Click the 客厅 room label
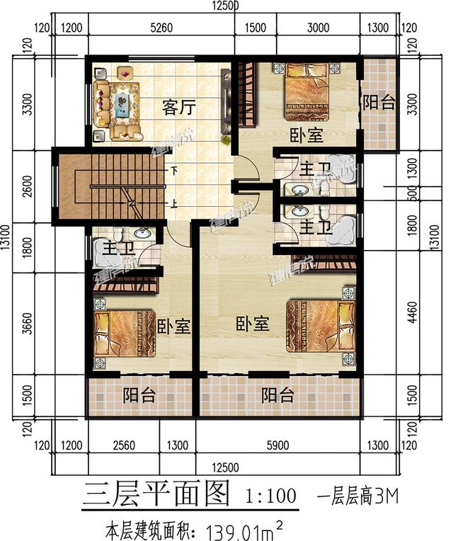point(179,108)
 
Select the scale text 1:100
point(270,494)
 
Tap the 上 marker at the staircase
point(174,204)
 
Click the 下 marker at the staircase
point(174,171)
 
